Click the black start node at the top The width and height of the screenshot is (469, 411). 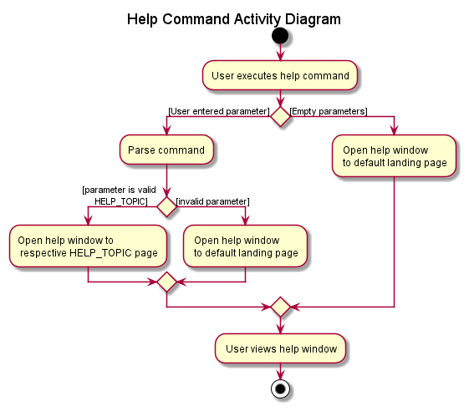pos(280,36)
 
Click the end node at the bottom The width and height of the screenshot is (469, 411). pos(280,388)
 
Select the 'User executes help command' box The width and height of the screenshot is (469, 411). pos(280,76)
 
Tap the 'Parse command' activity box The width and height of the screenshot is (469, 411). pos(166,150)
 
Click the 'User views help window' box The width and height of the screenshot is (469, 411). pos(280,348)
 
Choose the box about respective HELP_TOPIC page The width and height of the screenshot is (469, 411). pos(88,246)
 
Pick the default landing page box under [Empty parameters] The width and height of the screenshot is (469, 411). pos(395,156)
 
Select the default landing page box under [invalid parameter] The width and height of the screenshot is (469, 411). pos(246,246)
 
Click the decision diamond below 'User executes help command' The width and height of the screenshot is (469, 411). pos(280,117)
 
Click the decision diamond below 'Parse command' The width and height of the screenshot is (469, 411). pos(167,206)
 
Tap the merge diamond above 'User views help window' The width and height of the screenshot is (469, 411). pos(280,307)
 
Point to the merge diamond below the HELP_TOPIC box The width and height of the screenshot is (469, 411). pos(167,282)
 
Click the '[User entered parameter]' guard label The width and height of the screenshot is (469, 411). pos(218,111)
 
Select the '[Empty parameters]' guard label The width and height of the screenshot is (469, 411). pos(329,111)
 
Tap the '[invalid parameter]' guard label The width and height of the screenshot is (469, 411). pos(212,201)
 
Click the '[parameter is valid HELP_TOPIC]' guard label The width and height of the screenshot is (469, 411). pos(119,195)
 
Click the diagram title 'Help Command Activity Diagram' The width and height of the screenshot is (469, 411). pos(234,19)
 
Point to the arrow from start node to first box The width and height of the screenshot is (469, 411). pos(280,53)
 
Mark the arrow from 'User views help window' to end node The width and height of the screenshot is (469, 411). pos(280,371)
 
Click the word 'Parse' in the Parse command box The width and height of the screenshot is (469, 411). pos(141,150)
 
